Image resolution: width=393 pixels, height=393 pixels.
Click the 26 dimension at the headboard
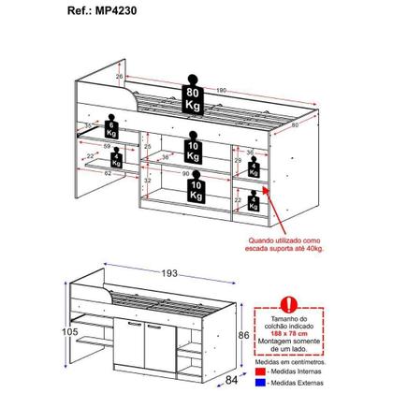click(121, 76)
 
